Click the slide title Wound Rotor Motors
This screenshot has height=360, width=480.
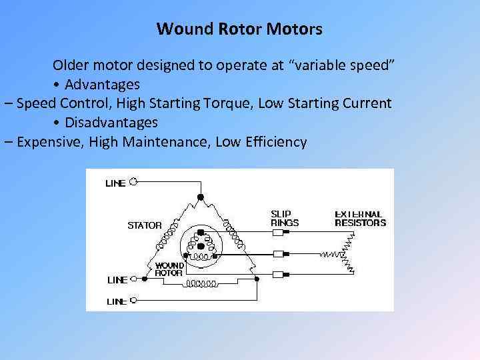pyautogui.click(x=239, y=29)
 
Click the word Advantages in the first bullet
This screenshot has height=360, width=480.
pyautogui.click(x=102, y=85)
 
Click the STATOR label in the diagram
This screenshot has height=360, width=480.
pyautogui.click(x=144, y=225)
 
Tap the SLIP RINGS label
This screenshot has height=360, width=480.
pyautogui.click(x=285, y=219)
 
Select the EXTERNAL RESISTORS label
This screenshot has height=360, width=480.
pyautogui.click(x=360, y=219)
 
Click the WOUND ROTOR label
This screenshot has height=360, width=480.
pyautogui.click(x=169, y=269)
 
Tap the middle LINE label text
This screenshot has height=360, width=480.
pyautogui.click(x=116, y=281)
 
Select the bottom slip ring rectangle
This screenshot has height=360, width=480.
pyautogui.click(x=279, y=273)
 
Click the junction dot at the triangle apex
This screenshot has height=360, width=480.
pyautogui.click(x=200, y=197)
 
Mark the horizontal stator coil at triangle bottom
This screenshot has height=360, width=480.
pyautogui.click(x=201, y=283)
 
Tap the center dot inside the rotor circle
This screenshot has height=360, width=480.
pyautogui.click(x=201, y=246)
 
